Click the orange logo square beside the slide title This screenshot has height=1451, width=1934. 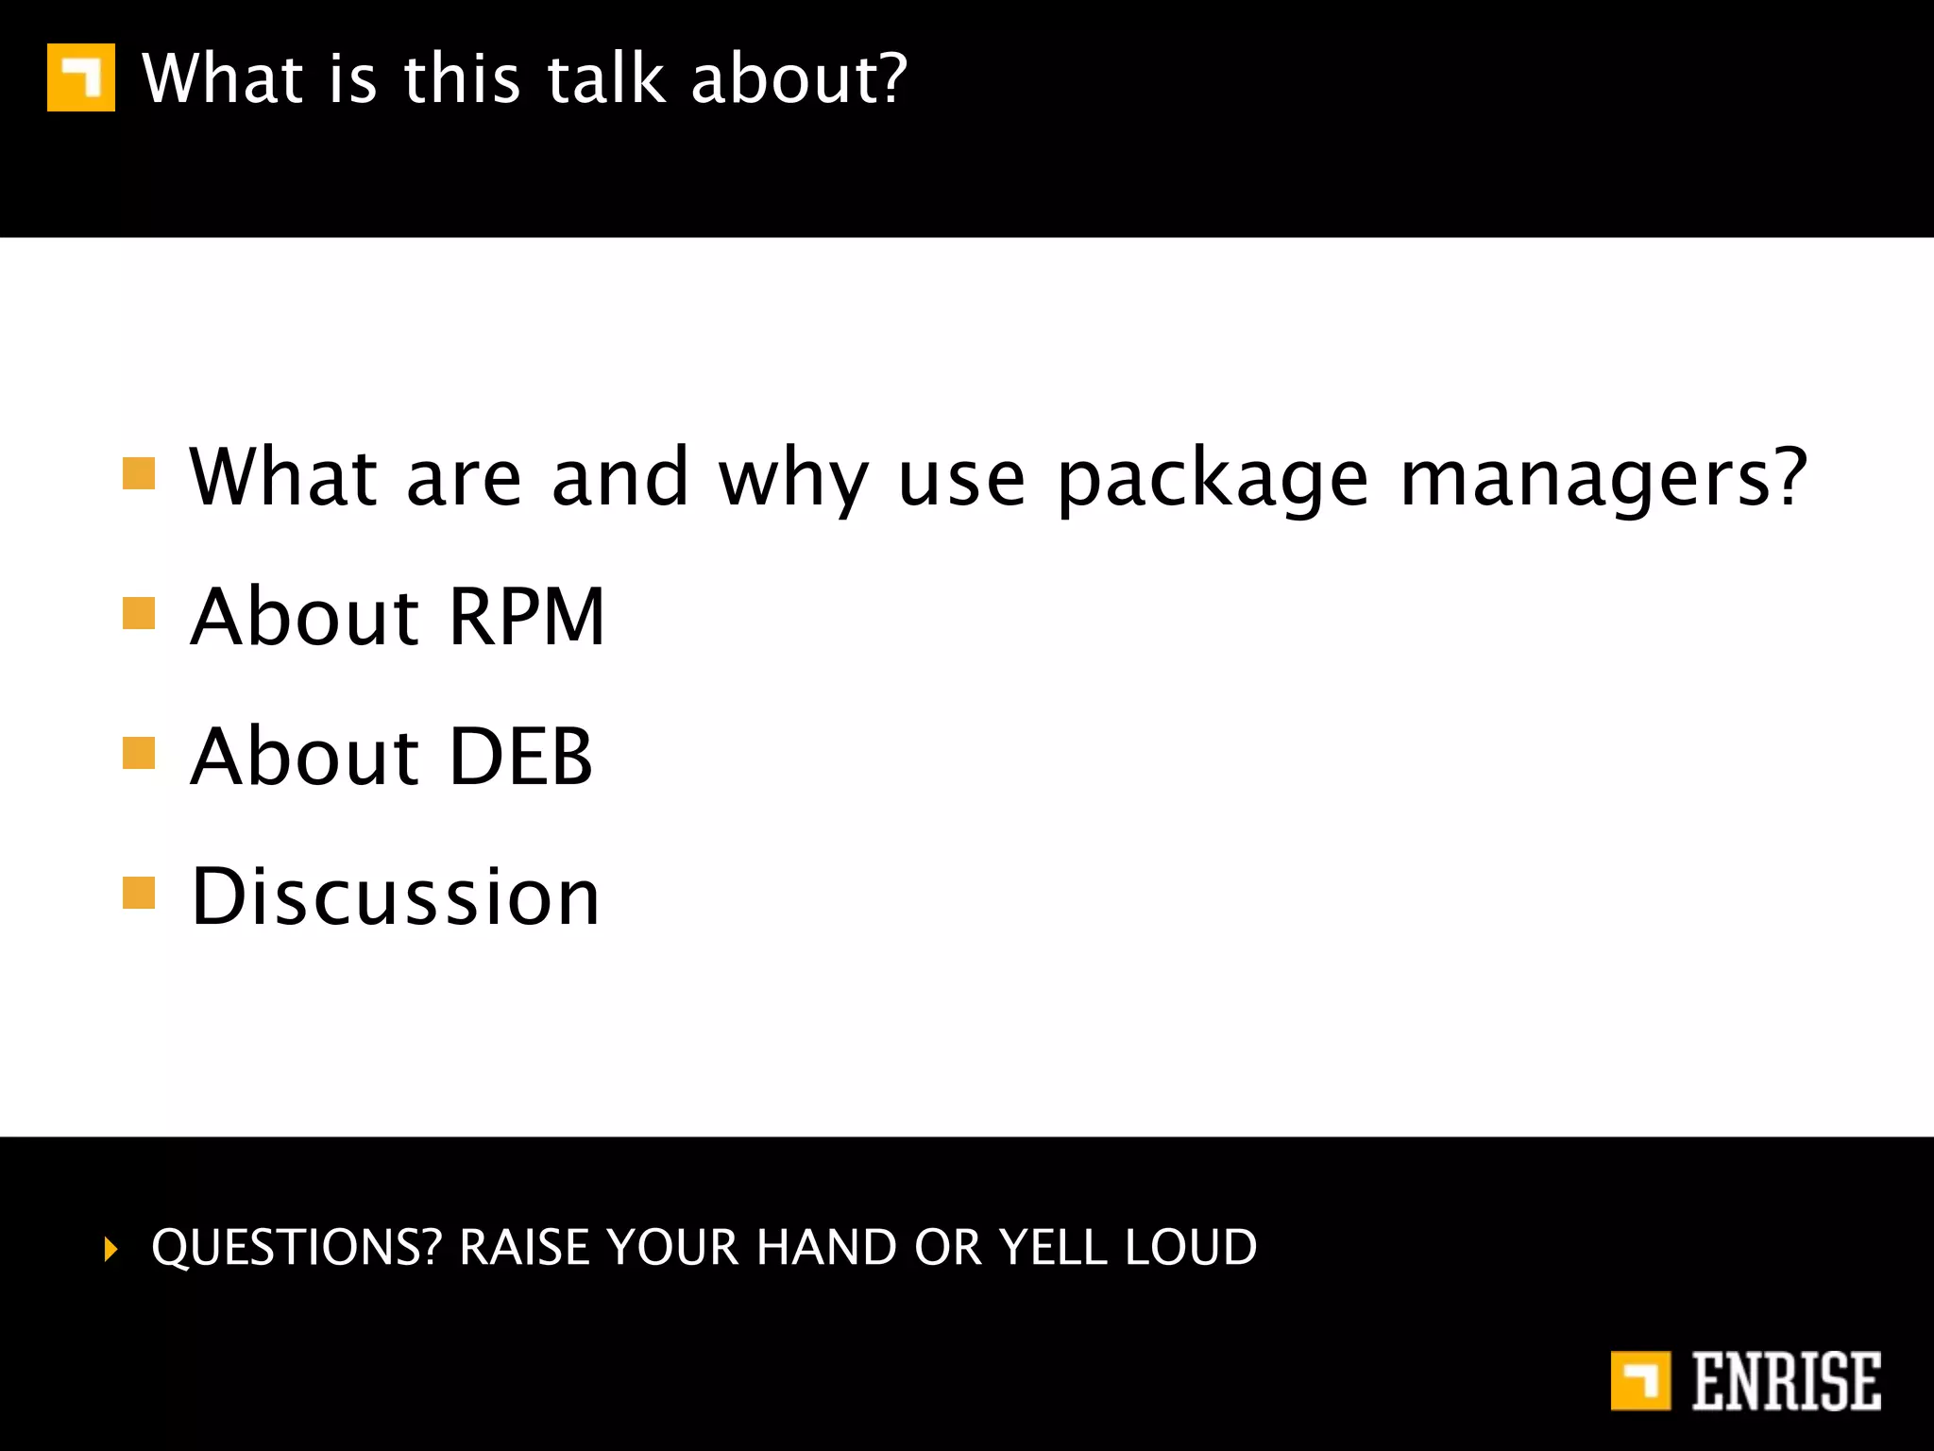coord(81,77)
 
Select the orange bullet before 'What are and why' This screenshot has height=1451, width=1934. coord(139,473)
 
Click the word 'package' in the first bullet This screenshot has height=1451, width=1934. coord(1213,480)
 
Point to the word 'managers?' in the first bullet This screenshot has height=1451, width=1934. coord(1603,480)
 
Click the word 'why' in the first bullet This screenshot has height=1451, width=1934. coord(793,480)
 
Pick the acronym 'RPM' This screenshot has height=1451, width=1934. coord(526,617)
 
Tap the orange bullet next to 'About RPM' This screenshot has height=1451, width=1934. coord(139,612)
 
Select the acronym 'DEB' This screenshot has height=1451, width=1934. coord(520,757)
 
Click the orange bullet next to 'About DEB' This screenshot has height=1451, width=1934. coord(139,753)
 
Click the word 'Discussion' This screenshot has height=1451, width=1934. coord(395,896)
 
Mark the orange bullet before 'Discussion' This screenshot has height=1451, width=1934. coord(139,893)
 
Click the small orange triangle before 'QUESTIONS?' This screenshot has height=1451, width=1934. coord(111,1249)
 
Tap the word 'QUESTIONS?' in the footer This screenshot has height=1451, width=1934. coord(297,1247)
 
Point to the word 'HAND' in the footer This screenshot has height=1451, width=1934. coord(826,1247)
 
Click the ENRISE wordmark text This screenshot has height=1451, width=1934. coord(1786,1381)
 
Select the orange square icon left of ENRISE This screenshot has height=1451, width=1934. coord(1640,1381)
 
